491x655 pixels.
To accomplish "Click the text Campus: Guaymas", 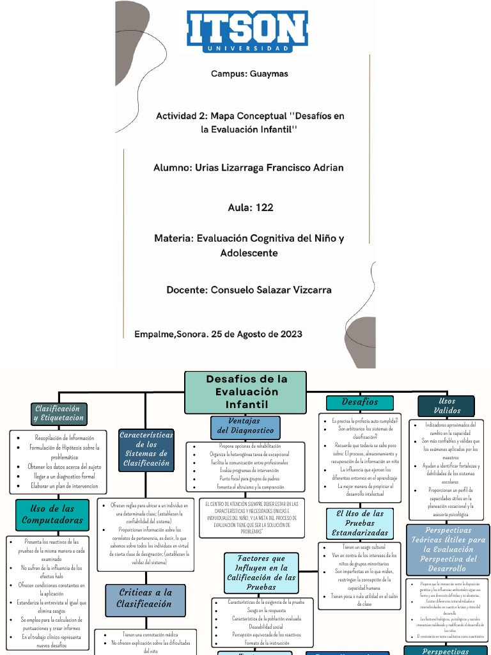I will click(x=249, y=74).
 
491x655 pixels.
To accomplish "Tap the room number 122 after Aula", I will click(x=264, y=207).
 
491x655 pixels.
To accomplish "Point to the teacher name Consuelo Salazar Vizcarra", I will click(x=270, y=290).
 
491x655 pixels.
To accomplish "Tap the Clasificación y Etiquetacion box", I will click(x=58, y=413).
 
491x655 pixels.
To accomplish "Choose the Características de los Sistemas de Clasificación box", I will click(x=146, y=449).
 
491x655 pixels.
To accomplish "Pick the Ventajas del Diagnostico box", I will click(x=245, y=427).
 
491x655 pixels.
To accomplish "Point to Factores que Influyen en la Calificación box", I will click(x=261, y=572).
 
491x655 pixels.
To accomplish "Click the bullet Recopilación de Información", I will click(x=64, y=438).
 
